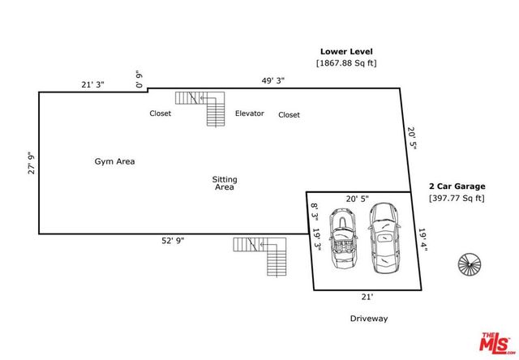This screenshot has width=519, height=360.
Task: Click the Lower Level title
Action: tap(346, 51)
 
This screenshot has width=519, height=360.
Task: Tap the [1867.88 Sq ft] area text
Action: tap(346, 63)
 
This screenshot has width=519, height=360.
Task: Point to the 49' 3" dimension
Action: tap(272, 81)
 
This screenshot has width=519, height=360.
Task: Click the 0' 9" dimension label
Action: tap(139, 80)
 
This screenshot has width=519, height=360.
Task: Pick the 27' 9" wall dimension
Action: tap(32, 164)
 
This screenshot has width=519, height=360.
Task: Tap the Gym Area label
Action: tap(114, 161)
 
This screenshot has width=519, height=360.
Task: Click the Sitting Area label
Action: tap(225, 183)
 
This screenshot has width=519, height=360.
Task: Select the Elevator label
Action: tap(250, 114)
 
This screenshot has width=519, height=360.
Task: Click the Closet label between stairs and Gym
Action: tap(160, 114)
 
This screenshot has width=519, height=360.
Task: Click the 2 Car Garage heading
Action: tap(456, 186)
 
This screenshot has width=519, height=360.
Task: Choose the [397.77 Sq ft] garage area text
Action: tap(457, 198)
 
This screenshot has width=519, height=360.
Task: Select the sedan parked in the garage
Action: tap(383, 235)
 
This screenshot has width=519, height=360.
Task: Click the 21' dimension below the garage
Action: tap(366, 298)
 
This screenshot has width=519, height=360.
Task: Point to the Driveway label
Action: tap(369, 319)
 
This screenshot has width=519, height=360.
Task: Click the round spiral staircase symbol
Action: tap(470, 265)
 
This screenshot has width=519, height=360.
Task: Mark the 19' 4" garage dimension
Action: tap(422, 240)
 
